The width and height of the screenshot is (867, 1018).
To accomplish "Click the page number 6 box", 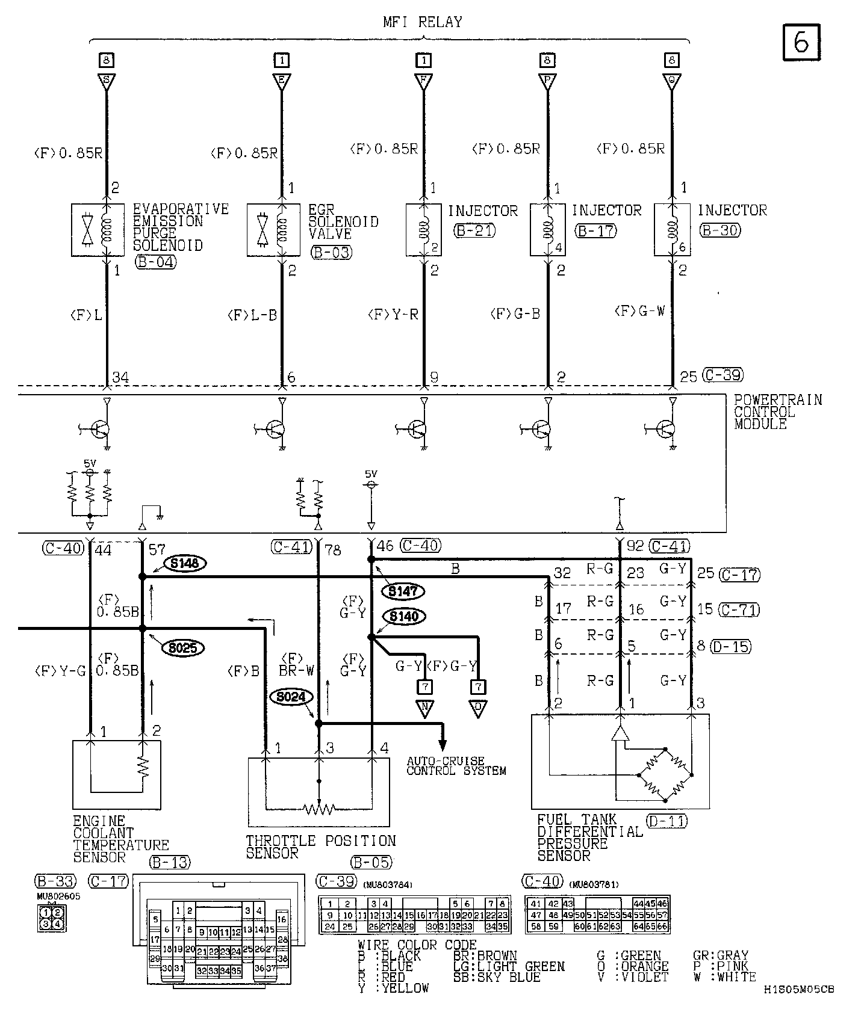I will tap(801, 42).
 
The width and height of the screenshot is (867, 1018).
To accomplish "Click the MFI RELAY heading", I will tap(423, 22).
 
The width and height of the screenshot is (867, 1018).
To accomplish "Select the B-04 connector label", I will tap(156, 262).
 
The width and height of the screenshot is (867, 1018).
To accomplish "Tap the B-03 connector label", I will tap(332, 252).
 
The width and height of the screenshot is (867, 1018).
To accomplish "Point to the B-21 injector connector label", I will tap(476, 230).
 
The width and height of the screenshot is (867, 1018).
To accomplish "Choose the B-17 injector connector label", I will tap(596, 230).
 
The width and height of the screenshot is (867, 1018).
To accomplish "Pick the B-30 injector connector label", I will tap(721, 230).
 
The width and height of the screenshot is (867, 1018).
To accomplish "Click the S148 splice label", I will tap(185, 564).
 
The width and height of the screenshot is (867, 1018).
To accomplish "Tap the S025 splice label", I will tap(183, 648).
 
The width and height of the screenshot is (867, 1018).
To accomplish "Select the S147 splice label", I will tap(403, 591).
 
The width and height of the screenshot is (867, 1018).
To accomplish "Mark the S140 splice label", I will tap(403, 617).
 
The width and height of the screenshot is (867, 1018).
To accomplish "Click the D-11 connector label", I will tap(667, 821).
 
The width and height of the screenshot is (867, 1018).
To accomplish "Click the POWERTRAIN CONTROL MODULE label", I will tap(777, 412).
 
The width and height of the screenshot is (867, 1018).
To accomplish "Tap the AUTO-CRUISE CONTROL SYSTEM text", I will tap(456, 766).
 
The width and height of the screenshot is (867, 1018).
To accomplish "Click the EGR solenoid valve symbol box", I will tap(273, 230).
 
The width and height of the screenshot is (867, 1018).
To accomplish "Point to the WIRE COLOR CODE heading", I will tap(417, 945).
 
